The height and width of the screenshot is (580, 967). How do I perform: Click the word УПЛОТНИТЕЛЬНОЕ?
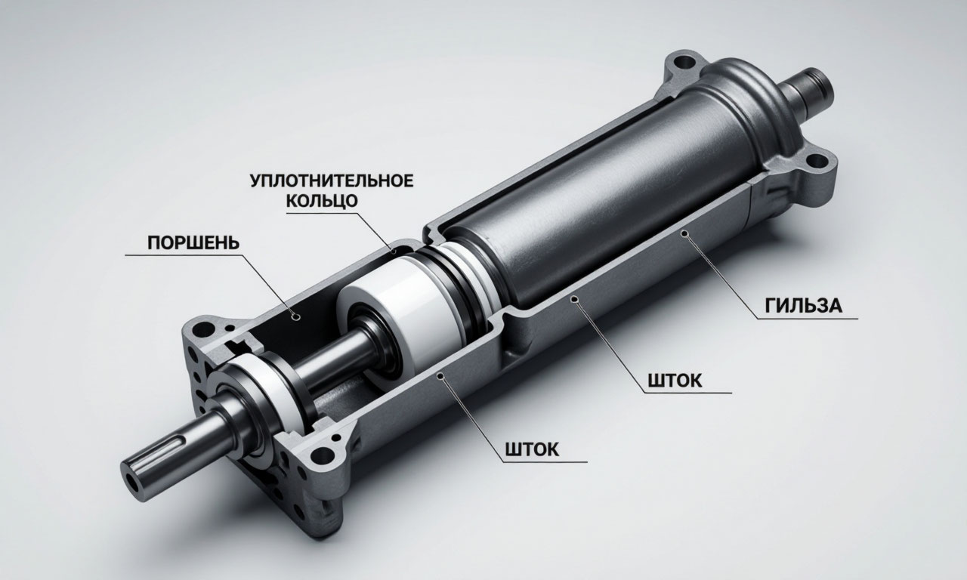[332, 180]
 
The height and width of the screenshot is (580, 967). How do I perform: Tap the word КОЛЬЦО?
[322, 201]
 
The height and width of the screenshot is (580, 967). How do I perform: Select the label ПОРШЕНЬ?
[193, 243]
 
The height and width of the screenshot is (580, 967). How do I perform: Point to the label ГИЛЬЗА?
[803, 306]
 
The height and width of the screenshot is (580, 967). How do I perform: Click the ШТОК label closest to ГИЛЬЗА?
[675, 381]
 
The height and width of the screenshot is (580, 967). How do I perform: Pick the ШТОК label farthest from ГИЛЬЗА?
[531, 449]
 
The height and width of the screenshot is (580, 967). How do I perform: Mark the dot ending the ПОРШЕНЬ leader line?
[296, 316]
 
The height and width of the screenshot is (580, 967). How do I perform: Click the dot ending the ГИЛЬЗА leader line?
[684, 233]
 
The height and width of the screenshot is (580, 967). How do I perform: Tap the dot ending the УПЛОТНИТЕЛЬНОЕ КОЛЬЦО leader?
[394, 251]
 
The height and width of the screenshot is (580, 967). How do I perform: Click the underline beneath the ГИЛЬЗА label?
[808, 319]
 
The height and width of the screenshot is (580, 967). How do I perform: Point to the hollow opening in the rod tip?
[133, 482]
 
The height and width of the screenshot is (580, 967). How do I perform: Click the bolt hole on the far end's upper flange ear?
[683, 61]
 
